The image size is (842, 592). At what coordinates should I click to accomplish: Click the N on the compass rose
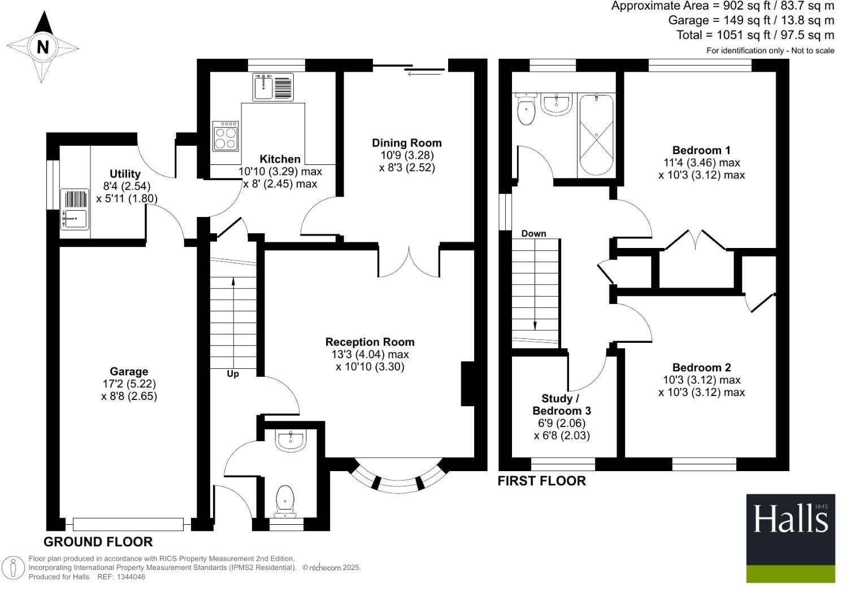pyautogui.click(x=42, y=47)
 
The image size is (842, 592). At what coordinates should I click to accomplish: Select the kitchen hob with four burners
pyautogui.click(x=225, y=136)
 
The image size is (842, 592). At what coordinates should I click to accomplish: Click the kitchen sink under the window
pyautogui.click(x=273, y=88)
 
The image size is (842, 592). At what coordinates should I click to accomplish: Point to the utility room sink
pyautogui.click(x=74, y=218)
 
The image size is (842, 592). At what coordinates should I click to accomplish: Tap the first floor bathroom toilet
pyautogui.click(x=526, y=110)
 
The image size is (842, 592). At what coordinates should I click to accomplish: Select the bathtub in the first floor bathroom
pyautogui.click(x=596, y=136)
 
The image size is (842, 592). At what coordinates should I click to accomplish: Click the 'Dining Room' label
pyautogui.click(x=406, y=143)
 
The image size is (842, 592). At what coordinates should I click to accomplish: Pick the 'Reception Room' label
pyautogui.click(x=370, y=342)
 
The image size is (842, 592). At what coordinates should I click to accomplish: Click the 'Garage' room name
pyautogui.click(x=129, y=371)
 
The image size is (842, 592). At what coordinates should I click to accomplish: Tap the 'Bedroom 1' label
pyautogui.click(x=701, y=150)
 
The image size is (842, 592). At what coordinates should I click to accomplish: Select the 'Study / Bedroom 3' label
pyautogui.click(x=561, y=404)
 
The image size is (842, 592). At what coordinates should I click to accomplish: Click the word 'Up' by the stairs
pyautogui.click(x=233, y=374)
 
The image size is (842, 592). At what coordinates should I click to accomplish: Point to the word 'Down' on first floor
pyautogui.click(x=533, y=233)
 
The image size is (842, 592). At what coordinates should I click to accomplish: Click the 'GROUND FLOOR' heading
pyautogui.click(x=98, y=542)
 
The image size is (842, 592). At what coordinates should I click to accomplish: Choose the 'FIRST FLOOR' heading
pyautogui.click(x=541, y=481)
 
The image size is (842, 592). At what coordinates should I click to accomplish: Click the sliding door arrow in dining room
pyautogui.click(x=418, y=73)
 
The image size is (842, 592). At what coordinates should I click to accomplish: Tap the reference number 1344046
pyautogui.click(x=131, y=577)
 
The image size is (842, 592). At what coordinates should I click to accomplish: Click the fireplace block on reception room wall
pyautogui.click(x=467, y=384)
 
